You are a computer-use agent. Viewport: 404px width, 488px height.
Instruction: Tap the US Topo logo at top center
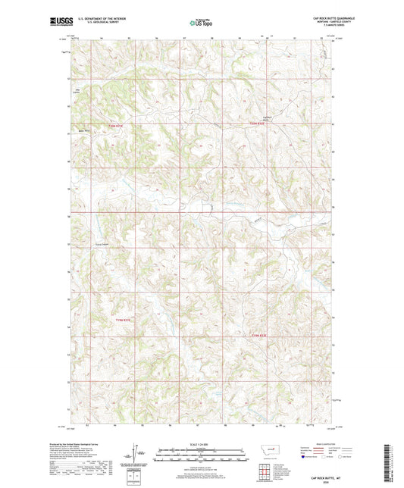click(201, 23)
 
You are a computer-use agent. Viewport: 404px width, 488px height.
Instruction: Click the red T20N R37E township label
click(114, 125)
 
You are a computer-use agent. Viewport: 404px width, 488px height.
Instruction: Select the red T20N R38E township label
click(259, 125)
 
